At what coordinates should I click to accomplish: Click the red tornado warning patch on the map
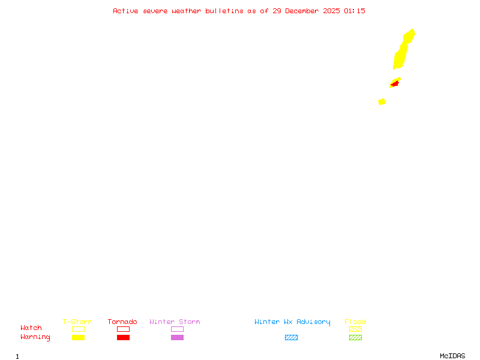point(394,84)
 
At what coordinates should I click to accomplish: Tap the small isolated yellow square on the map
point(382,101)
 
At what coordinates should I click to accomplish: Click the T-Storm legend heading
point(77,322)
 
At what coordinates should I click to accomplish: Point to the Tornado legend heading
point(122,322)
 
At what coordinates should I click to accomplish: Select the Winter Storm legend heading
point(175,322)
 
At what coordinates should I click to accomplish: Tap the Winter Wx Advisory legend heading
point(292,322)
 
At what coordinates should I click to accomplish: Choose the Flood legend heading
point(355,322)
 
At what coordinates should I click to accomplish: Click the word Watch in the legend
point(31,328)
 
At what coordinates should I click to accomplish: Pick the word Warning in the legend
point(35,337)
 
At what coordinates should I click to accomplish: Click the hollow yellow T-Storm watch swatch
point(78,329)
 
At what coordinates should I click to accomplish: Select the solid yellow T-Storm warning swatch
point(78,337)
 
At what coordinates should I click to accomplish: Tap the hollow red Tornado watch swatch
point(123,329)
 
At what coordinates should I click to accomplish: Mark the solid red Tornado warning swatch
point(123,337)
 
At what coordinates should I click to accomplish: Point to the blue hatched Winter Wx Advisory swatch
point(291,337)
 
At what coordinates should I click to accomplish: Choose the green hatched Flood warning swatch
point(355,337)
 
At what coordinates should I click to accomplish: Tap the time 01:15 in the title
point(354,11)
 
